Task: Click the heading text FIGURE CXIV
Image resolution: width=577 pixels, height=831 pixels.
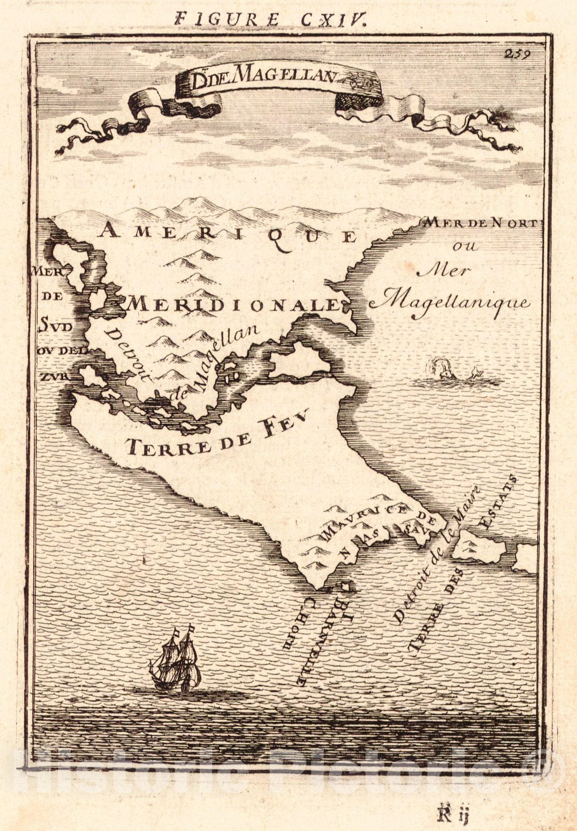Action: [271, 19]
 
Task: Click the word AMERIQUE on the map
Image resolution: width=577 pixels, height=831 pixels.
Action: [229, 234]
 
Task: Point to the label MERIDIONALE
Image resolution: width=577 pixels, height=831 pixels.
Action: [233, 304]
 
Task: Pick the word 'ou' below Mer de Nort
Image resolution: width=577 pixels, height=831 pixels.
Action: [465, 246]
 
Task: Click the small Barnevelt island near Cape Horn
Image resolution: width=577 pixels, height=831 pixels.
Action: [345, 587]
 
